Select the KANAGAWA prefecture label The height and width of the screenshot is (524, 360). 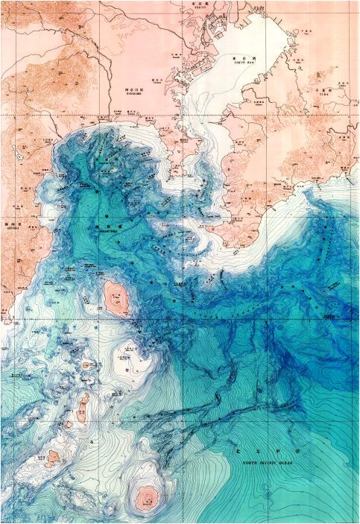click(x=135, y=92)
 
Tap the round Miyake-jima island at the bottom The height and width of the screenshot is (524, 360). click(x=142, y=496)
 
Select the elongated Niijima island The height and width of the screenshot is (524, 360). click(x=83, y=406)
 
